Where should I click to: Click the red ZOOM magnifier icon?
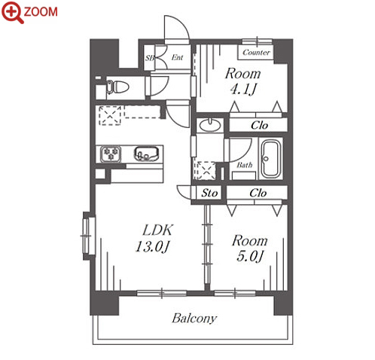[x=12, y=12]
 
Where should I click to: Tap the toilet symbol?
[x=117, y=87]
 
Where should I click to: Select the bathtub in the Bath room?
[x=270, y=159]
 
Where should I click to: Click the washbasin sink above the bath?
[x=209, y=125]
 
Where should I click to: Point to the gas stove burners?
[x=111, y=154]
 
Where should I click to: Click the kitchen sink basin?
[x=147, y=154]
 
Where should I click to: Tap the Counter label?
[x=256, y=52]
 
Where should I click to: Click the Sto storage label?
[x=209, y=193]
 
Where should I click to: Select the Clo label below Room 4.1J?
[x=259, y=125]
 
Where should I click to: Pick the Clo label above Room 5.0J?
[x=258, y=193]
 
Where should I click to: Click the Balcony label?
[x=194, y=319]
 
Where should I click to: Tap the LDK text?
[x=157, y=230]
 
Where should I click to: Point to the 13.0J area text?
[x=153, y=246]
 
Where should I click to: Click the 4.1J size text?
[x=243, y=89]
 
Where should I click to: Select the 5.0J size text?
[x=250, y=256]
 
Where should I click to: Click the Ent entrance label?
[x=177, y=57]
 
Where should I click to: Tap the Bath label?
[x=245, y=165]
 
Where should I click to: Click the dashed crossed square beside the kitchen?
[x=110, y=115]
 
